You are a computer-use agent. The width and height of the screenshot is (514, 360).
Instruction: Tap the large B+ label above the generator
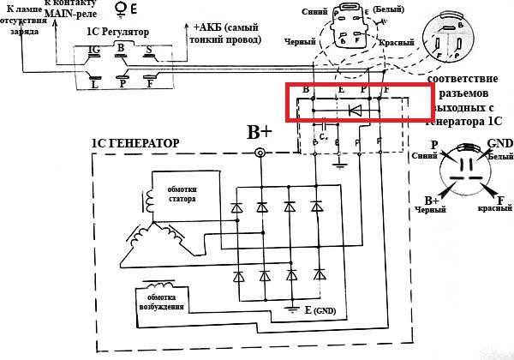[x=260, y=132]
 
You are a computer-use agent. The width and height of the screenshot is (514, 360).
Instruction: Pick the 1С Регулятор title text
[x=111, y=33]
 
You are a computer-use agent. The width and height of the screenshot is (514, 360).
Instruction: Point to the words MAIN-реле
[x=59, y=15]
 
